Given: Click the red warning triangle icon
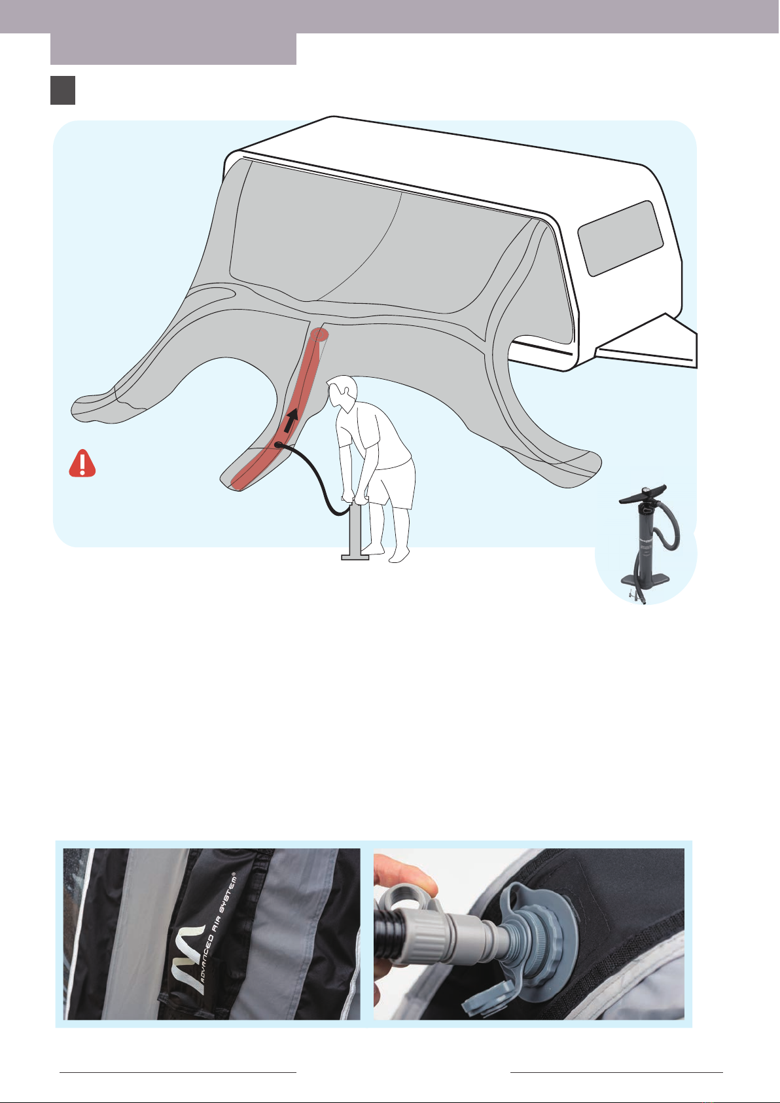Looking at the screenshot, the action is tap(82, 463).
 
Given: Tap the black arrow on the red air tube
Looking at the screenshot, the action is tap(291, 420).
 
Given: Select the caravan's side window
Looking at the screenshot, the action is tap(620, 238).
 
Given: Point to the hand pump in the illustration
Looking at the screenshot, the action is tap(355, 531).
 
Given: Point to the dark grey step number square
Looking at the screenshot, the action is tap(63, 90).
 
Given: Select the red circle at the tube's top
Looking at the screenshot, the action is tap(319, 335).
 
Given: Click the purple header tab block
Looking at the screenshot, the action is tap(173, 48).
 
